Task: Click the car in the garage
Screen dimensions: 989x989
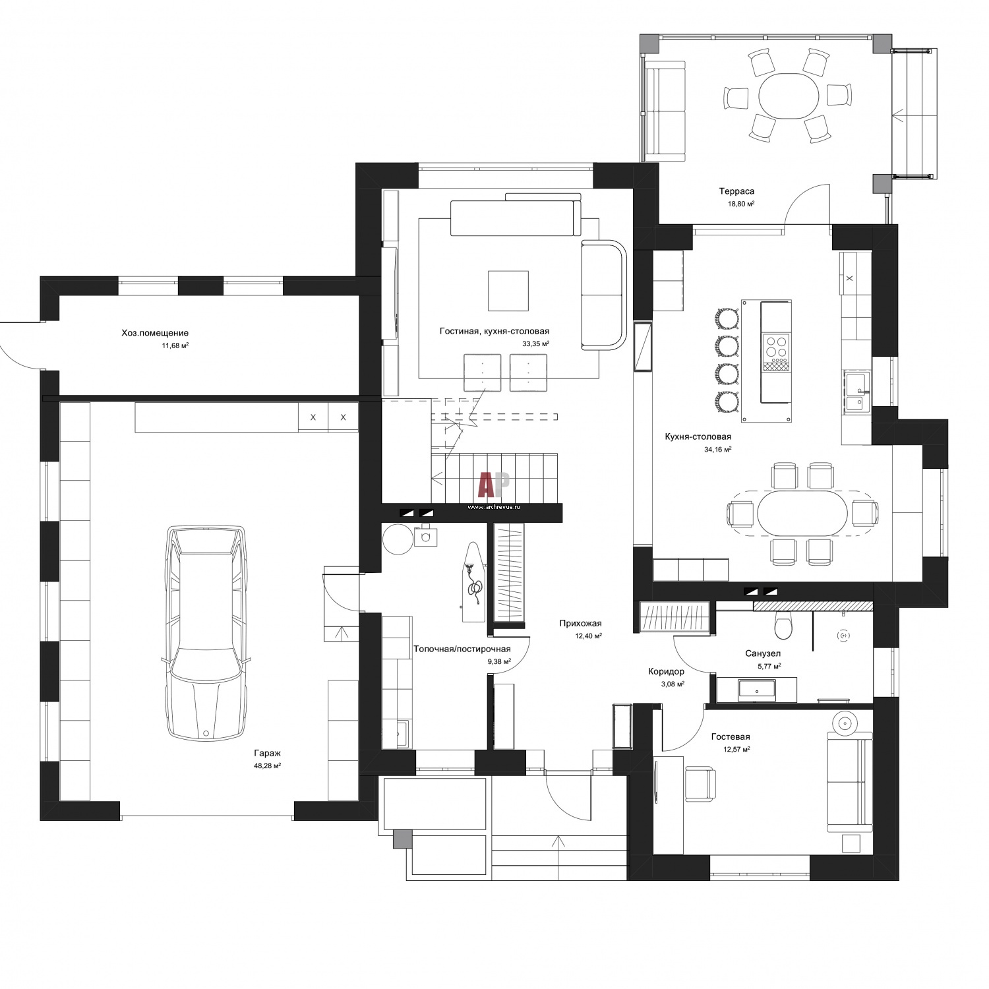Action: (206, 632)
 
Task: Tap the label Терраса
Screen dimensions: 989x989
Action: (736, 191)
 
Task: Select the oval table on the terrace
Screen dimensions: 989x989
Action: (789, 95)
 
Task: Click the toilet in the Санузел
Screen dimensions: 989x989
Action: (783, 626)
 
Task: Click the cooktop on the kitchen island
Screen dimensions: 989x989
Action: (776, 347)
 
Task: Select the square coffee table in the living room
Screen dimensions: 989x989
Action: (508, 290)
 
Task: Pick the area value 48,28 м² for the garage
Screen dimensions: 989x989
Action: (268, 765)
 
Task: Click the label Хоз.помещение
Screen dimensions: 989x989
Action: (155, 333)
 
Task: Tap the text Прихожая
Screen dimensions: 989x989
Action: (580, 623)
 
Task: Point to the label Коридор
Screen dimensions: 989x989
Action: (666, 671)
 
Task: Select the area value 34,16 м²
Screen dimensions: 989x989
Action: (717, 449)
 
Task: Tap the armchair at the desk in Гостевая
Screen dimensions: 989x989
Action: (700, 784)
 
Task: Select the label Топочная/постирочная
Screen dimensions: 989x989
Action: (462, 649)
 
